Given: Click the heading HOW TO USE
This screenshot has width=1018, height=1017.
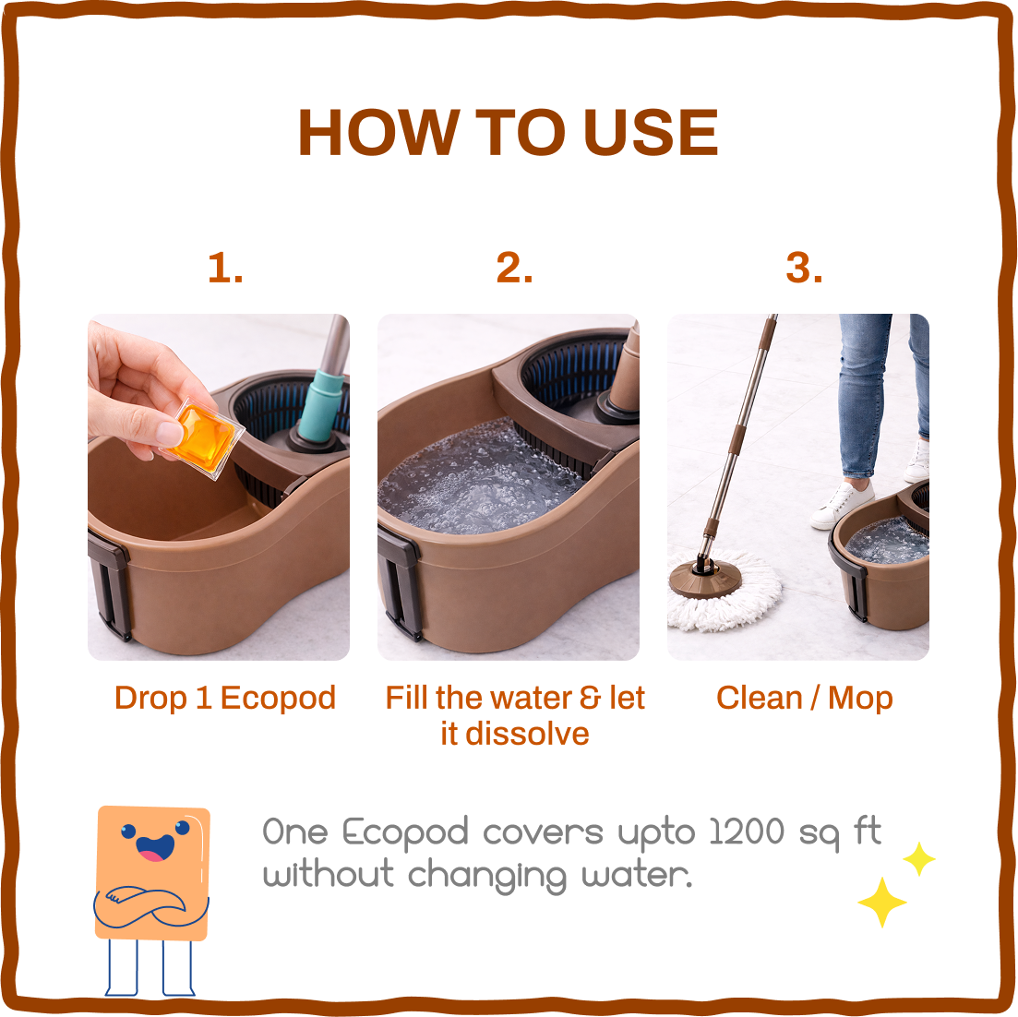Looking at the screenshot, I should click(508, 133).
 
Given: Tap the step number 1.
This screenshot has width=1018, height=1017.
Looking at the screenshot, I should click(225, 269).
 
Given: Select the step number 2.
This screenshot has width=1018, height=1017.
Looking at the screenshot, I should click(514, 269).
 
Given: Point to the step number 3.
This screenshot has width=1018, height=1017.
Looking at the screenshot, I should click(804, 269).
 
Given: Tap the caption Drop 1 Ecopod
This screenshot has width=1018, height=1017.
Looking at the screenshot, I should click(225, 698).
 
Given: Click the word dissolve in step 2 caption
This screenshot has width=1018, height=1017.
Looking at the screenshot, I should click(528, 734).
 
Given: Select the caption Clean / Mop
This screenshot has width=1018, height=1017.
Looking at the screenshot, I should click(804, 698).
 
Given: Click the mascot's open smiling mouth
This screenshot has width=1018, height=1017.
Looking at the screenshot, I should click(154, 847).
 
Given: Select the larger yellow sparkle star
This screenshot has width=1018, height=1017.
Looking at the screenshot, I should click(881, 902).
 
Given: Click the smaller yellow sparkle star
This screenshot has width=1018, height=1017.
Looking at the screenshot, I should click(919, 858).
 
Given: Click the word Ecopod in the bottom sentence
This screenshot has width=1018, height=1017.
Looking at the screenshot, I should click(406, 833).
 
